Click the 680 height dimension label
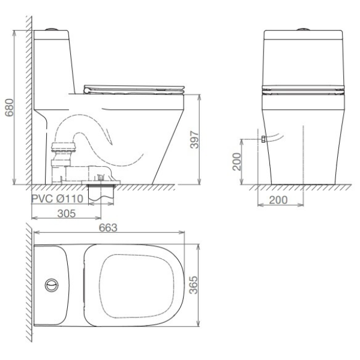point(10,107)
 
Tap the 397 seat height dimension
point(194,140)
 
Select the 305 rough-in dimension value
point(67,214)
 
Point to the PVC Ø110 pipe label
point(57,199)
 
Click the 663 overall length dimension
point(108,227)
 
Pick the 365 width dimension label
point(194,285)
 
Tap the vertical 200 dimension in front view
point(237,161)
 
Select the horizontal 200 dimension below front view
point(278,200)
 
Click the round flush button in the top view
point(52,285)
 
